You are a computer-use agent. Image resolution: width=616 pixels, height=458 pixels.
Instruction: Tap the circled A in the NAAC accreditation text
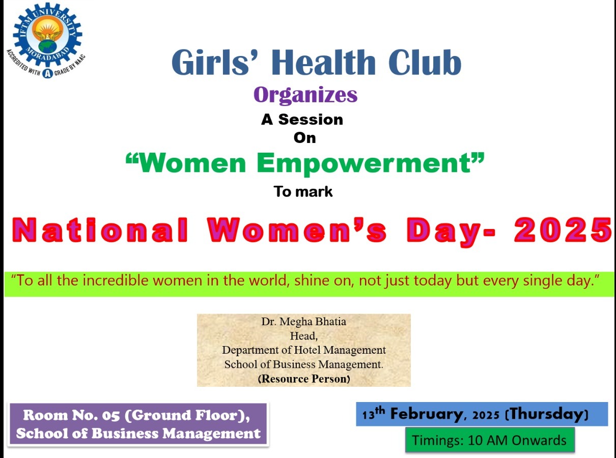47,74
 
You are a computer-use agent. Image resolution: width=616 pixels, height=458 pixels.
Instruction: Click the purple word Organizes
305,95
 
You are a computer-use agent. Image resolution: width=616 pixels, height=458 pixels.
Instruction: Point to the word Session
311,120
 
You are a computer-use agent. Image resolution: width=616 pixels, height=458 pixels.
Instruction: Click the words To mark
303,191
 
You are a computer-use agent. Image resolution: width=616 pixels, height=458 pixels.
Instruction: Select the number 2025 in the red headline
563,230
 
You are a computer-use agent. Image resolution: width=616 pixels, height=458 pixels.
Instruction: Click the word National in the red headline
100,230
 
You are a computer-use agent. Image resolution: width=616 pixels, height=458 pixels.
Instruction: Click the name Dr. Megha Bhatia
303,321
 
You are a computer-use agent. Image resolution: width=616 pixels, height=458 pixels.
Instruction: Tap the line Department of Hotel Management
304,350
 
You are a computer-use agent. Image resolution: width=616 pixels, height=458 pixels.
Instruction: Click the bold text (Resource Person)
304,379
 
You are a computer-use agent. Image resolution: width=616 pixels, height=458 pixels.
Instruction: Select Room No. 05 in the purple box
71,415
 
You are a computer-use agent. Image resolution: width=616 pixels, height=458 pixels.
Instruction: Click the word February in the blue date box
426,414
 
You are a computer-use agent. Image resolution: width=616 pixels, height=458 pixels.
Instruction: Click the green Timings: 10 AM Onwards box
490,440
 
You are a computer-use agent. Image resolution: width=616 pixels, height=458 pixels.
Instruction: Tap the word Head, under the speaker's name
303,336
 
